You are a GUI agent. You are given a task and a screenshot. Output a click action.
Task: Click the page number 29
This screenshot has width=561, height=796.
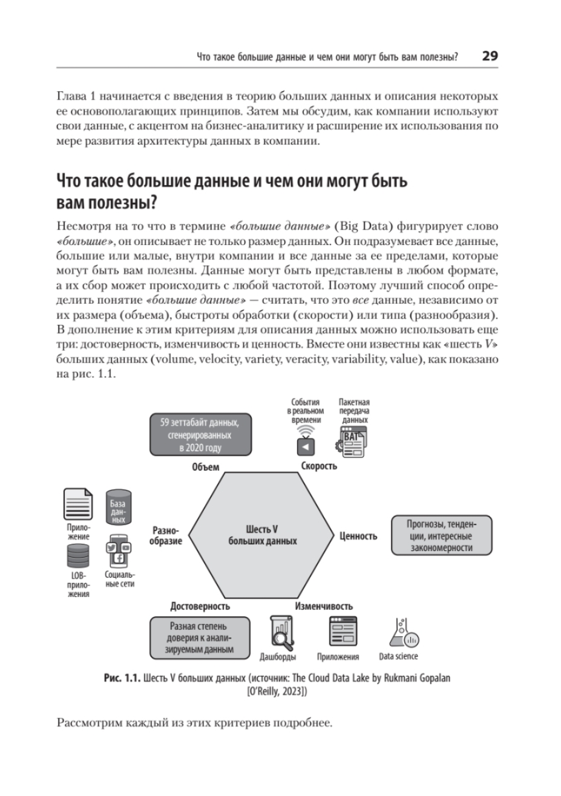tap(489, 56)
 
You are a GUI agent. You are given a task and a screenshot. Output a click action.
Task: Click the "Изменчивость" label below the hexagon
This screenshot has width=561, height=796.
tap(324, 605)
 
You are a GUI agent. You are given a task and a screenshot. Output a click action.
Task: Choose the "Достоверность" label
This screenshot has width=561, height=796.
tap(200, 605)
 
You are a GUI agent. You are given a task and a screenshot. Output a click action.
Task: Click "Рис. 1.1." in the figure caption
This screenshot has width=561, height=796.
tap(124, 678)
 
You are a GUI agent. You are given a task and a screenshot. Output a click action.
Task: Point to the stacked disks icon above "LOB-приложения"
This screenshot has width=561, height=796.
tap(78, 556)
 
